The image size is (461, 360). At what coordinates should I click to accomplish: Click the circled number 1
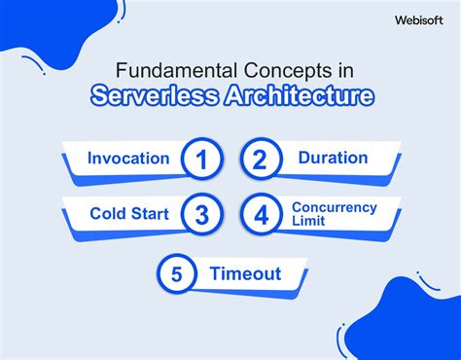click(200, 160)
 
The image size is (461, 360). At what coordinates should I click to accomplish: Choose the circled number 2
click(260, 160)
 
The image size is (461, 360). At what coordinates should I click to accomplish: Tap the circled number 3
click(200, 215)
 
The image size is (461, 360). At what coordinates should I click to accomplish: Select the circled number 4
click(260, 215)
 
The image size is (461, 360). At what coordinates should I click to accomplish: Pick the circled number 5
click(176, 274)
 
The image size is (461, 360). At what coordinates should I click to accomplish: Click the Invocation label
click(128, 159)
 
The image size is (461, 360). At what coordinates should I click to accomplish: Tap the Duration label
click(333, 158)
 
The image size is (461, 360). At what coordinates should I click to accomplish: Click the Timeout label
click(246, 274)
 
